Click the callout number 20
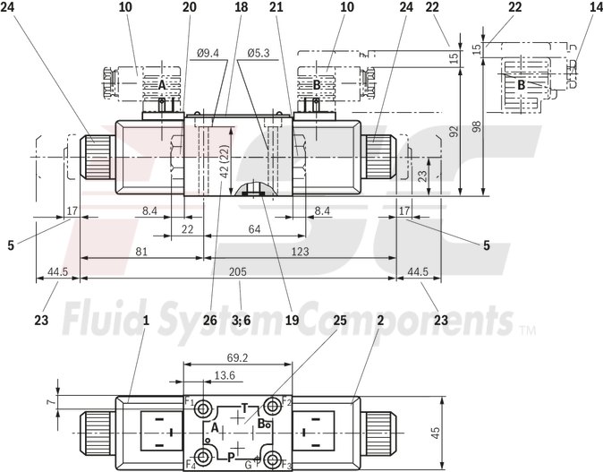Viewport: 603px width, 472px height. coord(188,7)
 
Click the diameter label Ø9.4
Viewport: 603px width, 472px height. coord(208,54)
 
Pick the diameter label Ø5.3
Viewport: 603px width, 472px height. coord(261,54)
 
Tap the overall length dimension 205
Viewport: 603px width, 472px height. coord(238,272)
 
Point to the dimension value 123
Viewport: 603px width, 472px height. coord(300,252)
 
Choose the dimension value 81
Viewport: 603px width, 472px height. coord(141,252)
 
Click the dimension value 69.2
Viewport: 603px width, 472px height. coord(237,357)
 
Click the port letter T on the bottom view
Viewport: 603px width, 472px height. coord(244,408)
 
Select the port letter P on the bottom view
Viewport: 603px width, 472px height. coord(231,455)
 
